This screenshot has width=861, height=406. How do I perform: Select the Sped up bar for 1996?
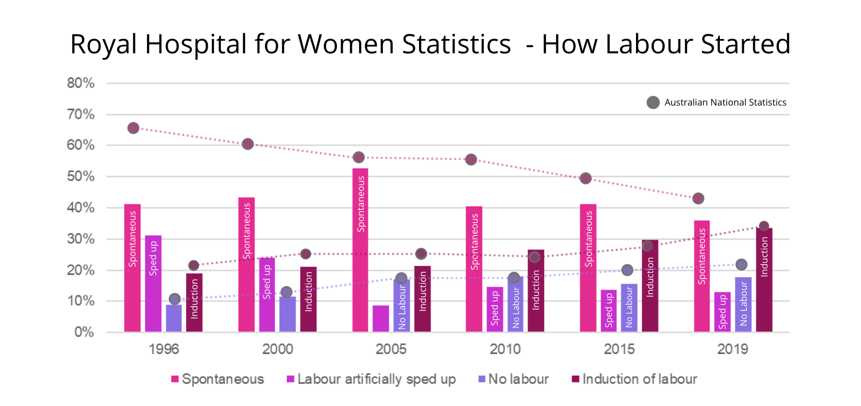tap(153, 283)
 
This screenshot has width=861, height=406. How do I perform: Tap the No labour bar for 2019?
tap(743, 304)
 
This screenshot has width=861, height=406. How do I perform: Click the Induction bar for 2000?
tap(308, 299)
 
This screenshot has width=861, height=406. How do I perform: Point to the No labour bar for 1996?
tap(174, 318)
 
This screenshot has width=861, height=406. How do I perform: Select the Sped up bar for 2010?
tap(495, 309)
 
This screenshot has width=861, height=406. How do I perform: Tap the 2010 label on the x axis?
tap(505, 349)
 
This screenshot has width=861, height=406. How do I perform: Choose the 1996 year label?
tap(164, 349)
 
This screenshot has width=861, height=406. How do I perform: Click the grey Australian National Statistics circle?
tap(653, 103)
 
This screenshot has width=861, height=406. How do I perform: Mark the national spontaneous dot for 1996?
tap(133, 128)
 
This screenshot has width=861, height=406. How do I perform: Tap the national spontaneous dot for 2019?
tap(698, 198)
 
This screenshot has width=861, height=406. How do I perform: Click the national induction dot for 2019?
tap(763, 226)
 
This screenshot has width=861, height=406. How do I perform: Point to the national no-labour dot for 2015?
tap(627, 270)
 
